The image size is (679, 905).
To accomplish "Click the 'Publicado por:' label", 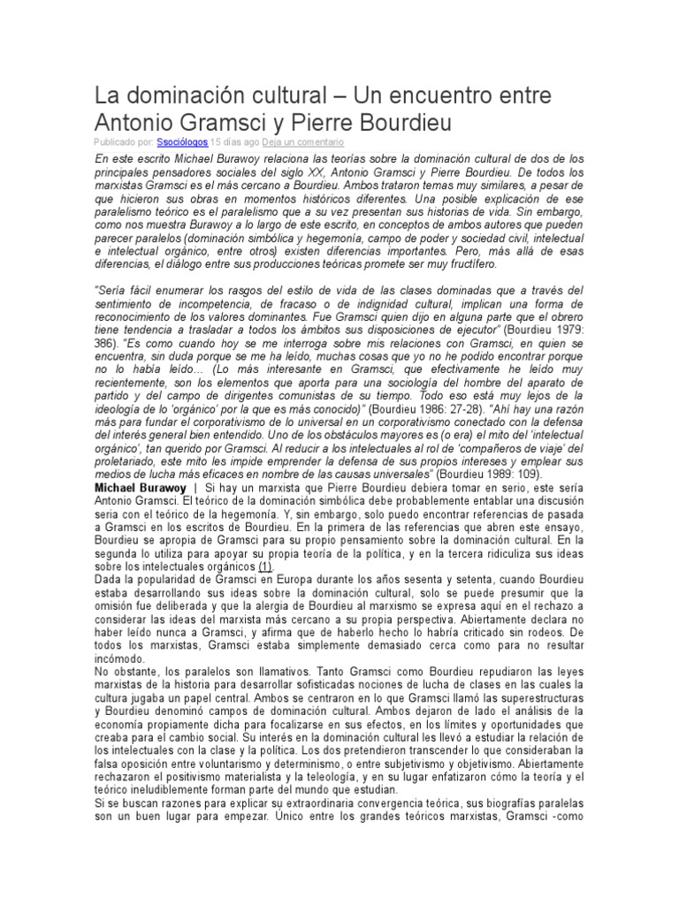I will [124, 141].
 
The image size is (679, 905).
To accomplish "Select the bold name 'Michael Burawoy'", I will [141, 487].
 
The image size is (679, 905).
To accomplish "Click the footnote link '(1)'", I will [265, 566].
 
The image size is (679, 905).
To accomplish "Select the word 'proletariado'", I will [126, 460].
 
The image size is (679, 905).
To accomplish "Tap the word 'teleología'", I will [378, 776].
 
